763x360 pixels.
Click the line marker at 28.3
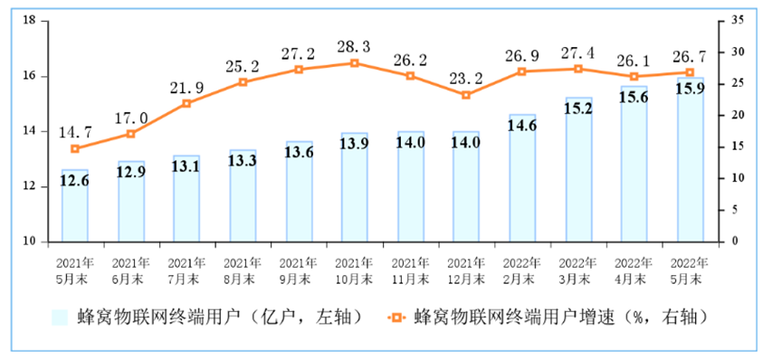[x=354, y=63]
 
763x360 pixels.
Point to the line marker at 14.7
[x=75, y=149]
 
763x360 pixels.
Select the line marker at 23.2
[x=466, y=95]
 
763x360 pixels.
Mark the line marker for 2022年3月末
[x=578, y=69]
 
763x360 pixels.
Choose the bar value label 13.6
[x=299, y=153]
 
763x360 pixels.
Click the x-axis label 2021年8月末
[x=243, y=270]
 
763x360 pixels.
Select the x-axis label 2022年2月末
[x=522, y=270]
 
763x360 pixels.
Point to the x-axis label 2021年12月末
[x=466, y=270]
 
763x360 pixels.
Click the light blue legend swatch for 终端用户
[x=61, y=318]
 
